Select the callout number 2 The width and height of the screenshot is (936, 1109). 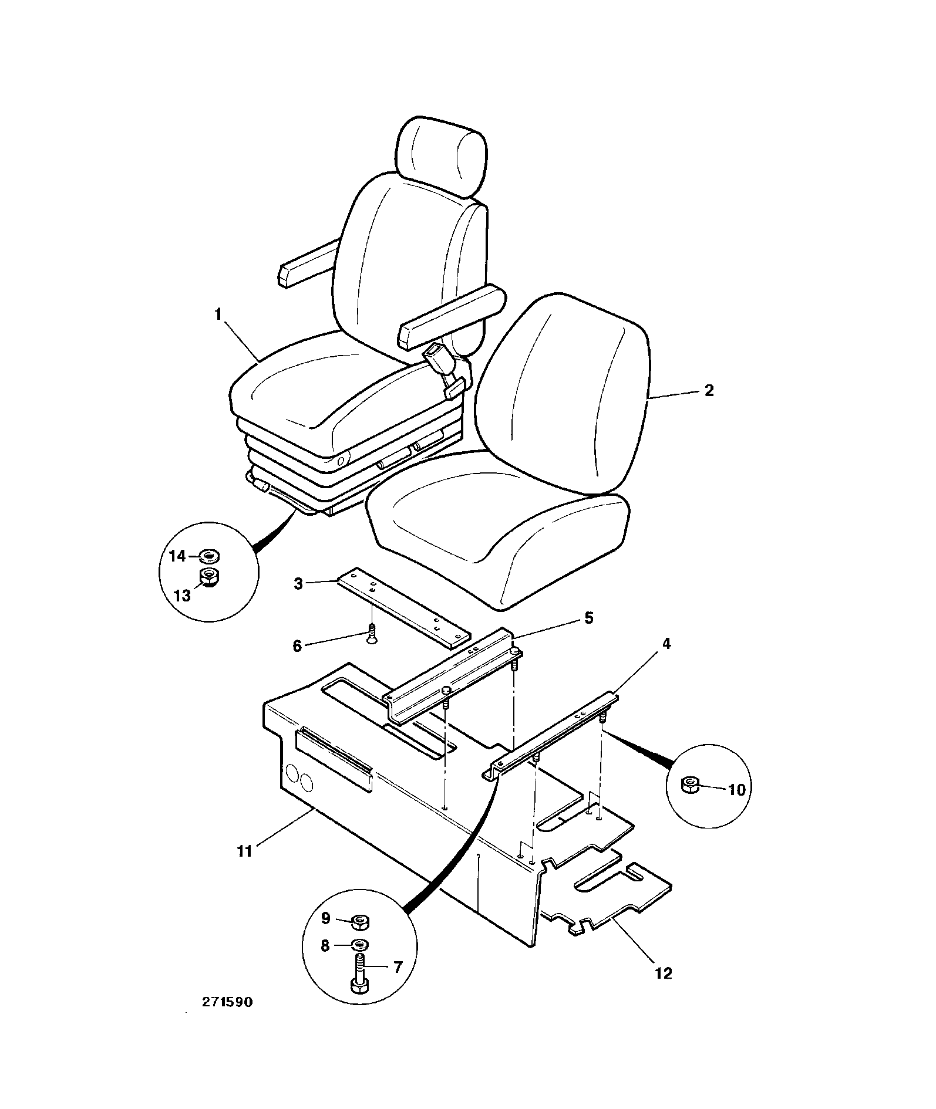[709, 391]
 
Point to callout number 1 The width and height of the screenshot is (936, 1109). [218, 315]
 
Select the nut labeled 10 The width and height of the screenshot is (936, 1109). [690, 785]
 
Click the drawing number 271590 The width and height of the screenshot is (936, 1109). [227, 1019]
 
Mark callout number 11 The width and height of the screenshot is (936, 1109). [244, 851]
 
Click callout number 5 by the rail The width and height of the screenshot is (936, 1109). [588, 618]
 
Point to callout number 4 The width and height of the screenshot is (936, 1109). [666, 644]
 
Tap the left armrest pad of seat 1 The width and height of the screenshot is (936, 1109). [308, 263]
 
